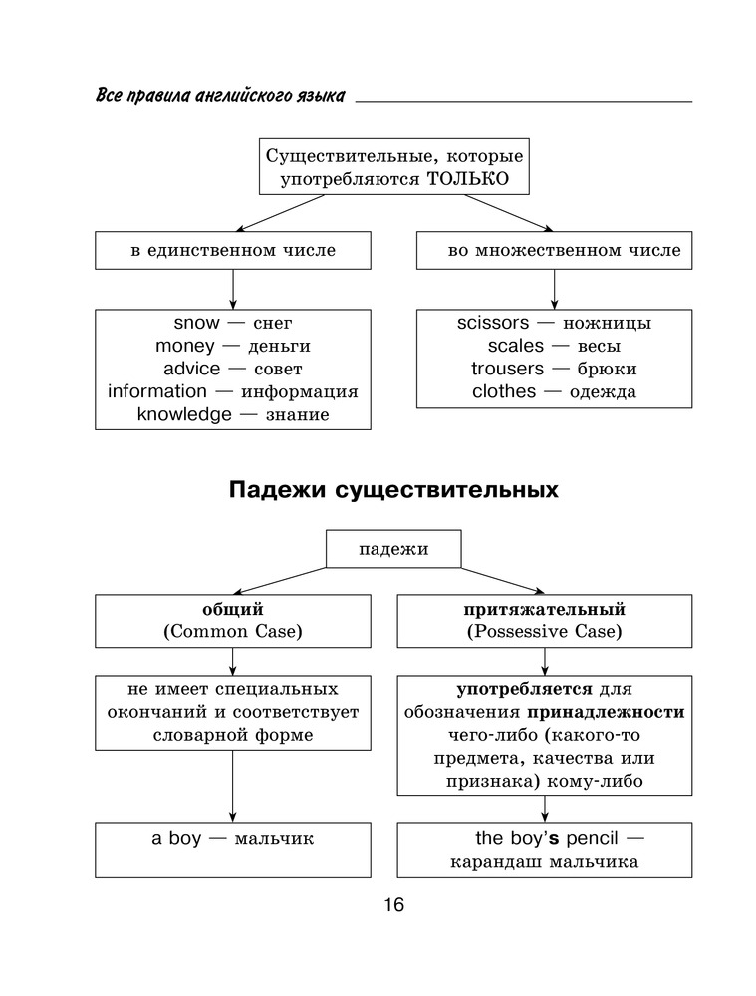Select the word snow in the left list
click(x=195, y=323)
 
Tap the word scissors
click(x=495, y=323)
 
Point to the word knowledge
click(x=183, y=414)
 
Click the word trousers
click(x=507, y=369)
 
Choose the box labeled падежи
click(x=393, y=549)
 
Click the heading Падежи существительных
click(x=392, y=491)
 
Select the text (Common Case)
click(x=232, y=632)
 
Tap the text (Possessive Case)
click(x=544, y=632)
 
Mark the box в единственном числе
click(x=232, y=251)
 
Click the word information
click(x=157, y=391)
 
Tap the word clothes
click(x=504, y=391)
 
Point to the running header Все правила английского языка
click(x=220, y=96)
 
